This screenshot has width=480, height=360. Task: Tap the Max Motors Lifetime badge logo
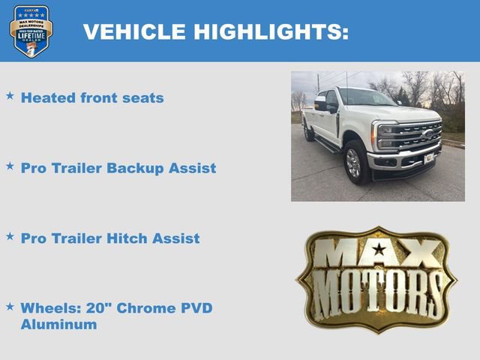pos(31,31)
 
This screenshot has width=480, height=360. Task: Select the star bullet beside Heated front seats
pos(10,96)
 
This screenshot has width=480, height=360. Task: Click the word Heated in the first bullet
pos(47,97)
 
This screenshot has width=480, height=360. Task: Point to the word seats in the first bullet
pos(144,97)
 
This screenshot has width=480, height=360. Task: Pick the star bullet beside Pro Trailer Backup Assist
pos(10,166)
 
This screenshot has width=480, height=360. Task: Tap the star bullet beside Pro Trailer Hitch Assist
pos(10,235)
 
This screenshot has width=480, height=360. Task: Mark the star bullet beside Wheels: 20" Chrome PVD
pos(10,306)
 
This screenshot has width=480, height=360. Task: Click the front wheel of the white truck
pos(354,162)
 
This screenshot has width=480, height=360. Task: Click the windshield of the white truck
pos(366,97)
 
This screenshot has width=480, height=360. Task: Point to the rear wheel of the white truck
pos(308,132)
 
